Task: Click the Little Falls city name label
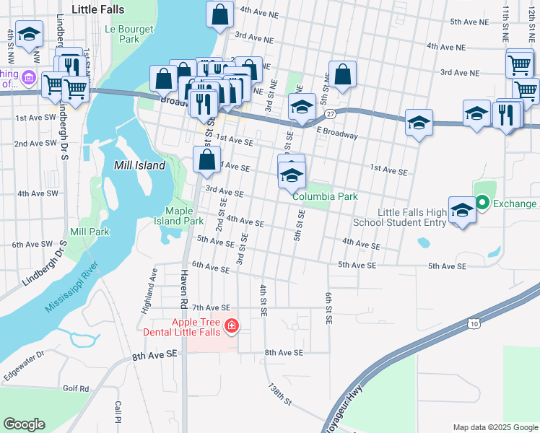coord(98,10)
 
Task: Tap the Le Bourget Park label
coord(122,34)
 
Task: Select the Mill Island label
coord(140,165)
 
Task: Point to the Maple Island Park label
coord(179,216)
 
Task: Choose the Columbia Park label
coord(325,196)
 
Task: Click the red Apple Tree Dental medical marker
coord(231,327)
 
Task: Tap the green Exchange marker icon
coord(482,204)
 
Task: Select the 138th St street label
coord(279,394)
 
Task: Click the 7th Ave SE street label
coord(211,308)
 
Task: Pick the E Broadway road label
coord(337,135)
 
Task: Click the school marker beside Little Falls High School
coord(461,210)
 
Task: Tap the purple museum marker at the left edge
coord(29,76)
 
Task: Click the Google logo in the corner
coord(24,424)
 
